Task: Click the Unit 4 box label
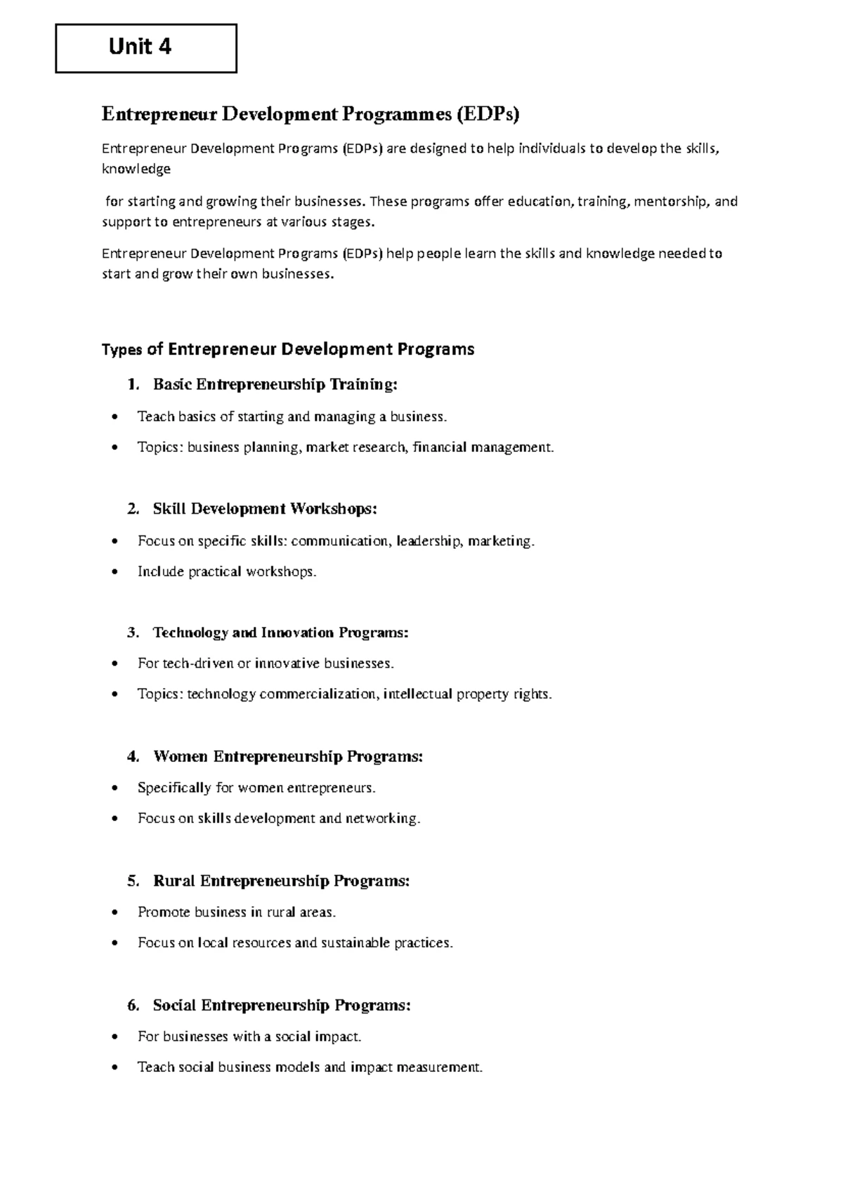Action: [140, 47]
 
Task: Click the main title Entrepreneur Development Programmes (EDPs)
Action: [310, 114]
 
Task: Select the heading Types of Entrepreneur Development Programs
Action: [288, 349]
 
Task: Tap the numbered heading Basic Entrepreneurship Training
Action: [275, 384]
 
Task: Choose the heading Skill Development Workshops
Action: [264, 509]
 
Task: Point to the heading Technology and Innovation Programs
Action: [280, 633]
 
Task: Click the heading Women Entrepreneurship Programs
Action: [288, 757]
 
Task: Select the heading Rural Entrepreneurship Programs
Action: [281, 881]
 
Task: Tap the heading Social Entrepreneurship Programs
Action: [281, 1006]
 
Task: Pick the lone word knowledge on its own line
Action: [136, 169]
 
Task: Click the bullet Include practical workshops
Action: [227, 572]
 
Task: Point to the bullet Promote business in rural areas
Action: [237, 912]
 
